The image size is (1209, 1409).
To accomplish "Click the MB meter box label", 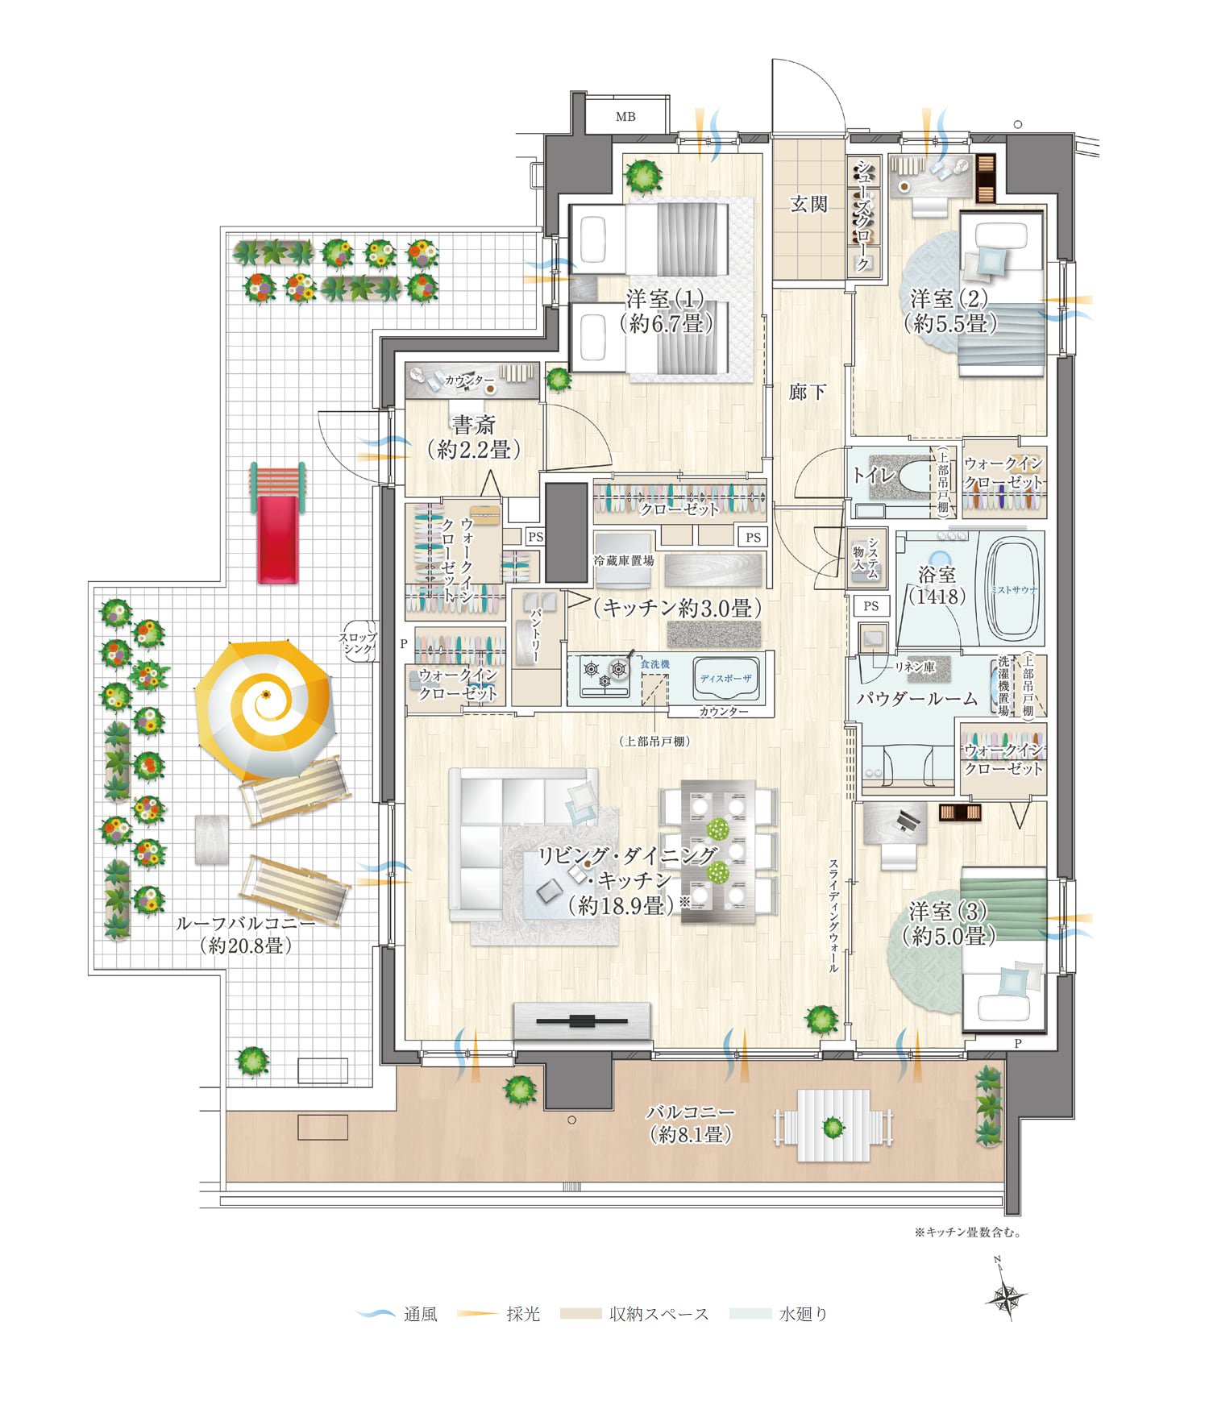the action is (x=625, y=117).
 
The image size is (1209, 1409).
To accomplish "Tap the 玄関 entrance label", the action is (x=808, y=204).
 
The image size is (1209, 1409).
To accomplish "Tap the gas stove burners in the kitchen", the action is (x=606, y=675).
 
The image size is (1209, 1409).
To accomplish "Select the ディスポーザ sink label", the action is (x=725, y=679).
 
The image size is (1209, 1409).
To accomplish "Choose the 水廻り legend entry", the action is (x=779, y=1314).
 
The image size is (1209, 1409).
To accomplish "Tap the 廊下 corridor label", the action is (x=808, y=392).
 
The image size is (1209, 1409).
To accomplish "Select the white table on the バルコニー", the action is (x=833, y=1126).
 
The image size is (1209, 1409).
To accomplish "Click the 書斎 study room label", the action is (x=473, y=425).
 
